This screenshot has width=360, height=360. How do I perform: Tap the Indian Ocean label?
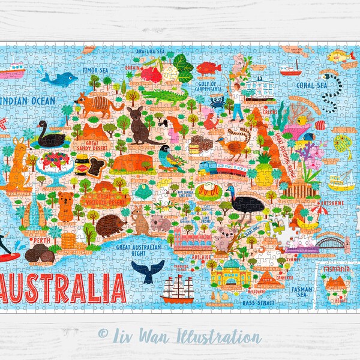pos(31,100)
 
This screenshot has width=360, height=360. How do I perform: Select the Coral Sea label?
pos(311,85)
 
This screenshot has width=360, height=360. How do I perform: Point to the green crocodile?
pos(165,97)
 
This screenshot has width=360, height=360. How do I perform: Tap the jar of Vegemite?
pos(81,163)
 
